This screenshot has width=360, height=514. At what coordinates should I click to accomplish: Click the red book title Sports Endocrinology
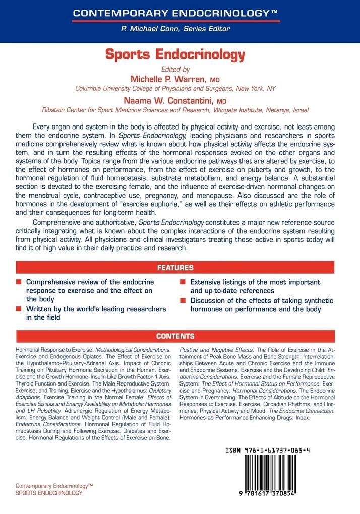click(175, 54)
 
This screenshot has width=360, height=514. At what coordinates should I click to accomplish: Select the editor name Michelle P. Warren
click(168, 79)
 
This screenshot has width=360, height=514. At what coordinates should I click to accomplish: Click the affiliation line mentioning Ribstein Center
click(175, 109)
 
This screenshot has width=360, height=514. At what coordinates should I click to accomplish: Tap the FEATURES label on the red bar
click(175, 268)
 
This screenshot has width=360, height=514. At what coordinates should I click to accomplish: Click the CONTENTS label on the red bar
click(175, 336)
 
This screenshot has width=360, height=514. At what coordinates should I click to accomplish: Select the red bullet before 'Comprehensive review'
click(19, 282)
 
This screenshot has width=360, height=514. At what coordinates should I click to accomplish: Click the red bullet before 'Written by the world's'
click(19, 309)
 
